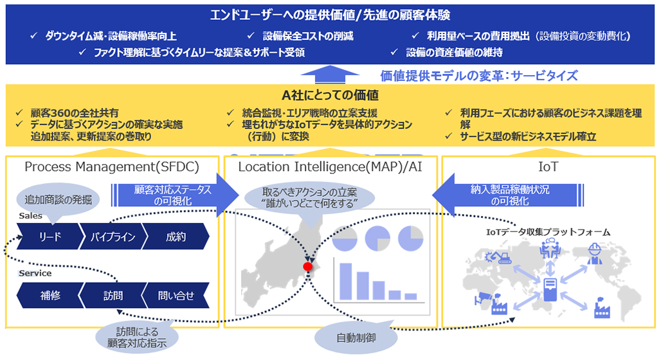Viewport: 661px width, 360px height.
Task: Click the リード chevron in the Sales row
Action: tap(49, 237)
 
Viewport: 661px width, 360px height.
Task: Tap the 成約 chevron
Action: tap(176, 237)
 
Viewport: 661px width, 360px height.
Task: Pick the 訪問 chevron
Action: tap(113, 296)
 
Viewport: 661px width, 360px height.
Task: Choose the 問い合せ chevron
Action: tap(176, 296)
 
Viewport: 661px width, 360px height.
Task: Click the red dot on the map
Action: tap(308, 266)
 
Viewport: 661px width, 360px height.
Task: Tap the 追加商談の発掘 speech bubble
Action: tap(58, 199)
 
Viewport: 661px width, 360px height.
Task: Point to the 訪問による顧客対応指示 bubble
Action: tap(136, 336)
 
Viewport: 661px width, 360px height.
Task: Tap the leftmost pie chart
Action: tap(346, 239)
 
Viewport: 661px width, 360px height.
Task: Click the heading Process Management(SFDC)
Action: tap(112, 167)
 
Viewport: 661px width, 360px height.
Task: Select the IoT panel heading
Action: tap(548, 167)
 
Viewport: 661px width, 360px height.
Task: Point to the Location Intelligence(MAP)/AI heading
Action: tap(329, 167)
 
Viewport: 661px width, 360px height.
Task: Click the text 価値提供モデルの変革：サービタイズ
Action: tap(479, 75)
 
